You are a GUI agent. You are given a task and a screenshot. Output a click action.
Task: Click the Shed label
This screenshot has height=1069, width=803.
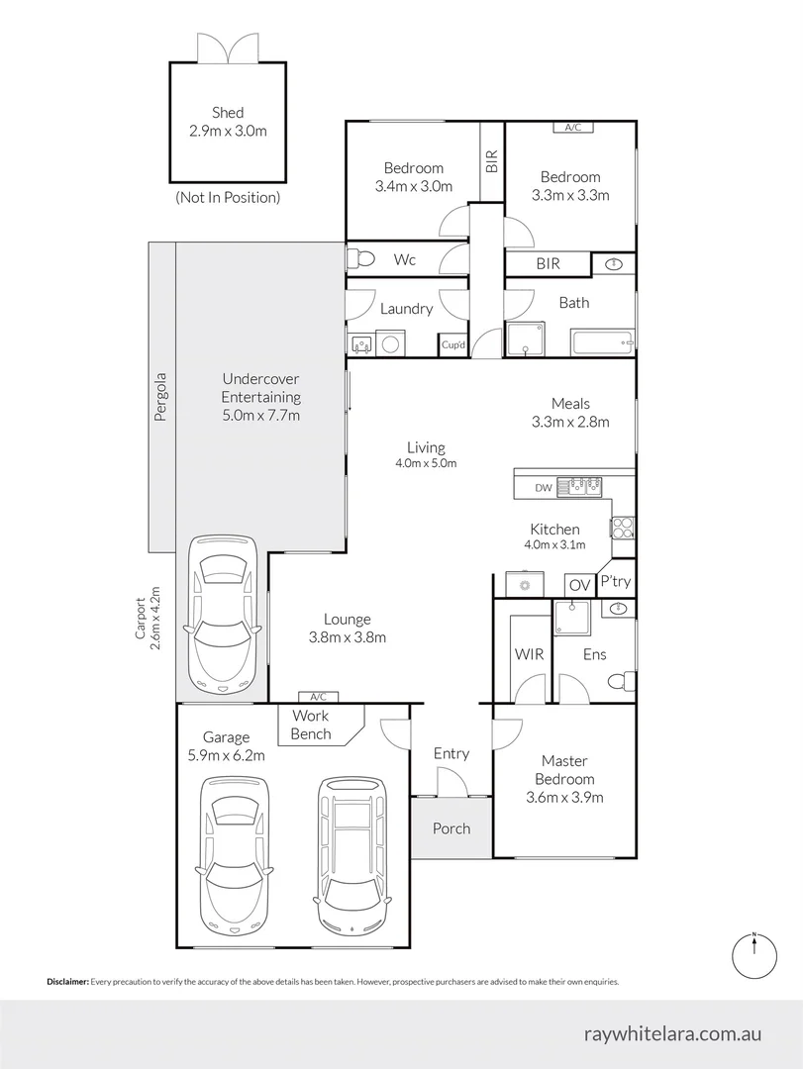pos(227,113)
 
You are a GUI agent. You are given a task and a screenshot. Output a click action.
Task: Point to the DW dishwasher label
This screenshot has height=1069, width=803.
pos(543,487)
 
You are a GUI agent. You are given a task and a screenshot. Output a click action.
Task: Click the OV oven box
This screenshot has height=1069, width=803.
pos(579,585)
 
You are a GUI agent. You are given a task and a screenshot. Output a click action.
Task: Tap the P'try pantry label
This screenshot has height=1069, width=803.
pos(616,582)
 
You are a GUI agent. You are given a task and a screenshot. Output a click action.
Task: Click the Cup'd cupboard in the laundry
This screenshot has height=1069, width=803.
pos(453,344)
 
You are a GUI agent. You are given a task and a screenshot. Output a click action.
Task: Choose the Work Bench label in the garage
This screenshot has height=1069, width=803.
pos(311,725)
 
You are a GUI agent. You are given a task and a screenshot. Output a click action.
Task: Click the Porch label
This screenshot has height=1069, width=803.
pos(452,828)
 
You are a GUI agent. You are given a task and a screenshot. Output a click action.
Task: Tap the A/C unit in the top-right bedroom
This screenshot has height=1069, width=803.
pos(572,128)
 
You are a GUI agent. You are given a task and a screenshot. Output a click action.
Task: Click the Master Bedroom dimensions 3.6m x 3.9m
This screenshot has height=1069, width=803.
pos(563,797)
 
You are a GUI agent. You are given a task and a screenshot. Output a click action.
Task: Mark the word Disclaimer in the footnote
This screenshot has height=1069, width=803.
pos(67,982)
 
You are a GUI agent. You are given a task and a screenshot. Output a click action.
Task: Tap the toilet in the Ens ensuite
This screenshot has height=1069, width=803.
pos(622,682)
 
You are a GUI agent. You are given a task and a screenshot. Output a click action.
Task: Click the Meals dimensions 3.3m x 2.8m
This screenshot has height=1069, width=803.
pos(570,422)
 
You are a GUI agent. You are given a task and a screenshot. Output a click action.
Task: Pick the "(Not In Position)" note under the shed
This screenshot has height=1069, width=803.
pos(228,198)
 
